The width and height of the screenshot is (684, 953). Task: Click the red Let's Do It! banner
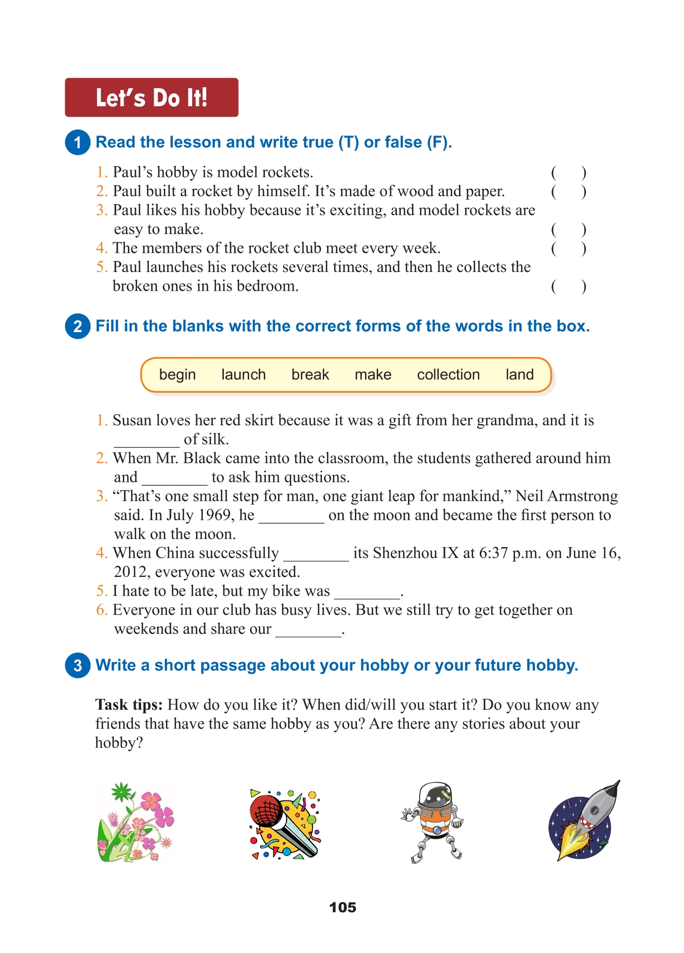[x=151, y=98]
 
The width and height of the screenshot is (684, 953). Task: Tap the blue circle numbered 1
[x=77, y=142]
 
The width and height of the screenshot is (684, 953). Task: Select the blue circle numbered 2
[x=77, y=326]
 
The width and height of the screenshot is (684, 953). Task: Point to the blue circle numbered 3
[x=77, y=665]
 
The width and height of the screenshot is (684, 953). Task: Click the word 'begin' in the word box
[x=177, y=375]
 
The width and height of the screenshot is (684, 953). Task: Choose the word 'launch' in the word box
[x=243, y=375]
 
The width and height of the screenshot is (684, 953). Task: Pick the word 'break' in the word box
[x=310, y=375]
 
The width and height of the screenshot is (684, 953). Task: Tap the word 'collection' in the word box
[x=448, y=375]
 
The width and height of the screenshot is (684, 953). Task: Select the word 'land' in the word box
[x=519, y=375]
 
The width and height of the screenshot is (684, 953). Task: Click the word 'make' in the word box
[x=373, y=375]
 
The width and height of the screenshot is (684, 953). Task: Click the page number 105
[x=342, y=907]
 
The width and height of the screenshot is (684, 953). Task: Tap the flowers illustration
[x=135, y=822]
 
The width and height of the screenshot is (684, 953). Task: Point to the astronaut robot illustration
[x=433, y=822]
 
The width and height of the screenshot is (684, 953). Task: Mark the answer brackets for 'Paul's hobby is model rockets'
[x=568, y=173]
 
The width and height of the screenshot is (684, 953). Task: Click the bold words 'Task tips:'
[x=128, y=705]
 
